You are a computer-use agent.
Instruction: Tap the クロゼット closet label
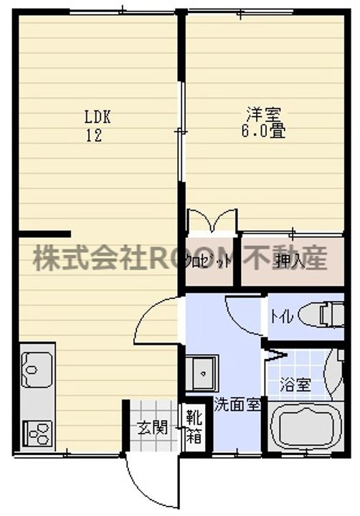coord(209,261)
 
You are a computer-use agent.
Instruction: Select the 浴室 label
coord(294,383)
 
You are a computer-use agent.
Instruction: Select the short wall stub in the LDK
coord(44,234)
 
